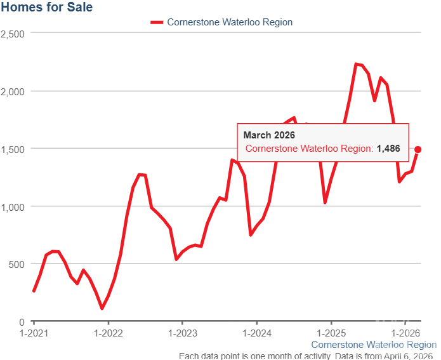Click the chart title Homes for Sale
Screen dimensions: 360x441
pos(46,8)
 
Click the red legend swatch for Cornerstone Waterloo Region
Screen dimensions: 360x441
pos(157,22)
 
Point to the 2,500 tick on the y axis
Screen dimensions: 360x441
pos(13,33)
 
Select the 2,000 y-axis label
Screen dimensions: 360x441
pos(13,91)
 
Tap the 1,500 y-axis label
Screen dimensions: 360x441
pos(13,149)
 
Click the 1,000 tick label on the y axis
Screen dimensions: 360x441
pos(13,206)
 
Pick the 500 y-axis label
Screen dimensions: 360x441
pos(16,264)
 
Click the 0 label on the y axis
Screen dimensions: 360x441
pos(22,322)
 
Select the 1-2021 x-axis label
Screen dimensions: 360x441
pos(34,333)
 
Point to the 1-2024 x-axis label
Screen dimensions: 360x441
pos(256,333)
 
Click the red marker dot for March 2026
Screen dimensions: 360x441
pos(418,150)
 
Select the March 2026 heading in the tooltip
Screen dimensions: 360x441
pos(269,135)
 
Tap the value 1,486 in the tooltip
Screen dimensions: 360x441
pos(388,149)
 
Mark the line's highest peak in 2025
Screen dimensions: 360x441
pos(356,64)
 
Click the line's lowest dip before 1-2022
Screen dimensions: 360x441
pos(102,308)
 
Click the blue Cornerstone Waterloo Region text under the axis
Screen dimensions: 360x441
pos(374,345)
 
